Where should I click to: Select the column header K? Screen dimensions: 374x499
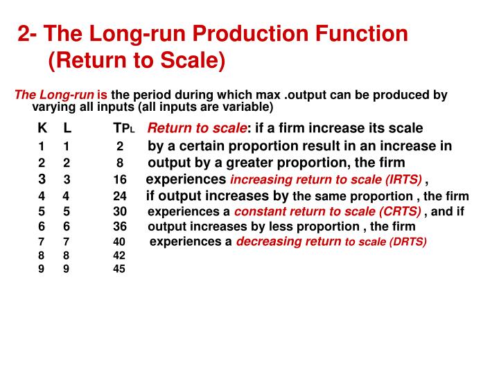click(x=42, y=128)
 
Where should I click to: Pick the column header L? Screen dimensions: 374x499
click(x=67, y=128)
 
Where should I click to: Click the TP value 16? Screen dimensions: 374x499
click(x=120, y=180)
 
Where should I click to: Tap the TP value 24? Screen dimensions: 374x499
click(x=120, y=196)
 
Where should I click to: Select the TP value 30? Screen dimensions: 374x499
click(x=120, y=211)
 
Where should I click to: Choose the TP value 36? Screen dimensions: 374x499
click(x=120, y=226)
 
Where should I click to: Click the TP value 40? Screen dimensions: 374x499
click(x=120, y=242)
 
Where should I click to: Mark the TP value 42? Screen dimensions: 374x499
click(x=120, y=255)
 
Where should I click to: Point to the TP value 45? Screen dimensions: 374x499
click(x=120, y=269)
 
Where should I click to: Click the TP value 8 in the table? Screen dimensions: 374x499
click(x=120, y=163)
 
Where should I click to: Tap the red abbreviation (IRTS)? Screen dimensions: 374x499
click(x=403, y=180)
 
